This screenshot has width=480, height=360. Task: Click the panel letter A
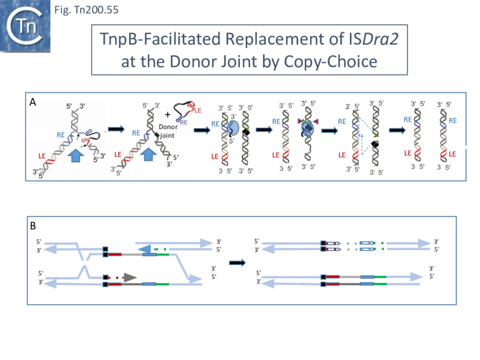pyautogui.click(x=34, y=103)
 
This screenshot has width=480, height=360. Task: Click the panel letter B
pyautogui.click(x=34, y=226)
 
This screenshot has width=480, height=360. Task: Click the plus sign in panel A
pyautogui.click(x=167, y=112)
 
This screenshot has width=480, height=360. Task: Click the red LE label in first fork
pyautogui.click(x=41, y=156)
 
